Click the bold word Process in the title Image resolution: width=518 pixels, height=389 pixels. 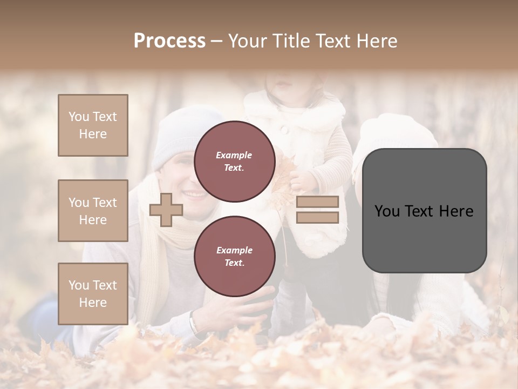(x=169, y=41)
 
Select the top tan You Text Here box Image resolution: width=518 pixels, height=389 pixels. (x=93, y=125)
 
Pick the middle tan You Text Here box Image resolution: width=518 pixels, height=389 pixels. (x=93, y=211)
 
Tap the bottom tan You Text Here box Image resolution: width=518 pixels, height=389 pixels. (x=93, y=294)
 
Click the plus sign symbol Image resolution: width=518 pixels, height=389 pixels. (x=166, y=210)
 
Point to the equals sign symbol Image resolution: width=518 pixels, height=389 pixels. (x=318, y=210)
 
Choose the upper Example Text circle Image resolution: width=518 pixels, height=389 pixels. (x=235, y=162)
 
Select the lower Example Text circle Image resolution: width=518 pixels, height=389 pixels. (x=235, y=256)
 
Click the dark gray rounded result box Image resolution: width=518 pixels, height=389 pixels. (x=424, y=211)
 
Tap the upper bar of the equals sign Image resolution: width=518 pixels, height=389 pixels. (x=318, y=202)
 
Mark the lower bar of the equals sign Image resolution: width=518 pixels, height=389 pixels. (x=318, y=217)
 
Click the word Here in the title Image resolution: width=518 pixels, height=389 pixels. (x=378, y=41)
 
